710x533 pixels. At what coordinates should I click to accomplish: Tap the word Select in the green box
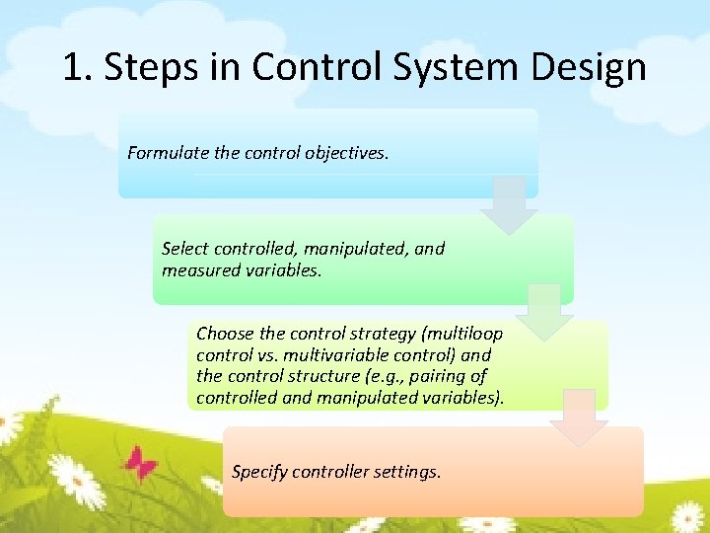[x=184, y=249]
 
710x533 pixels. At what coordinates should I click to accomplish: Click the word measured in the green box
[x=199, y=269]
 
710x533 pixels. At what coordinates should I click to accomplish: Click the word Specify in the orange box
[x=261, y=472]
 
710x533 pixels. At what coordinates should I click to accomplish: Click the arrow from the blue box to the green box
[x=509, y=205]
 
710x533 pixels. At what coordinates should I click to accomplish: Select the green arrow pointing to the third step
[x=544, y=312]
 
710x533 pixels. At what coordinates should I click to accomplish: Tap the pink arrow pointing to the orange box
[x=579, y=418]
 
